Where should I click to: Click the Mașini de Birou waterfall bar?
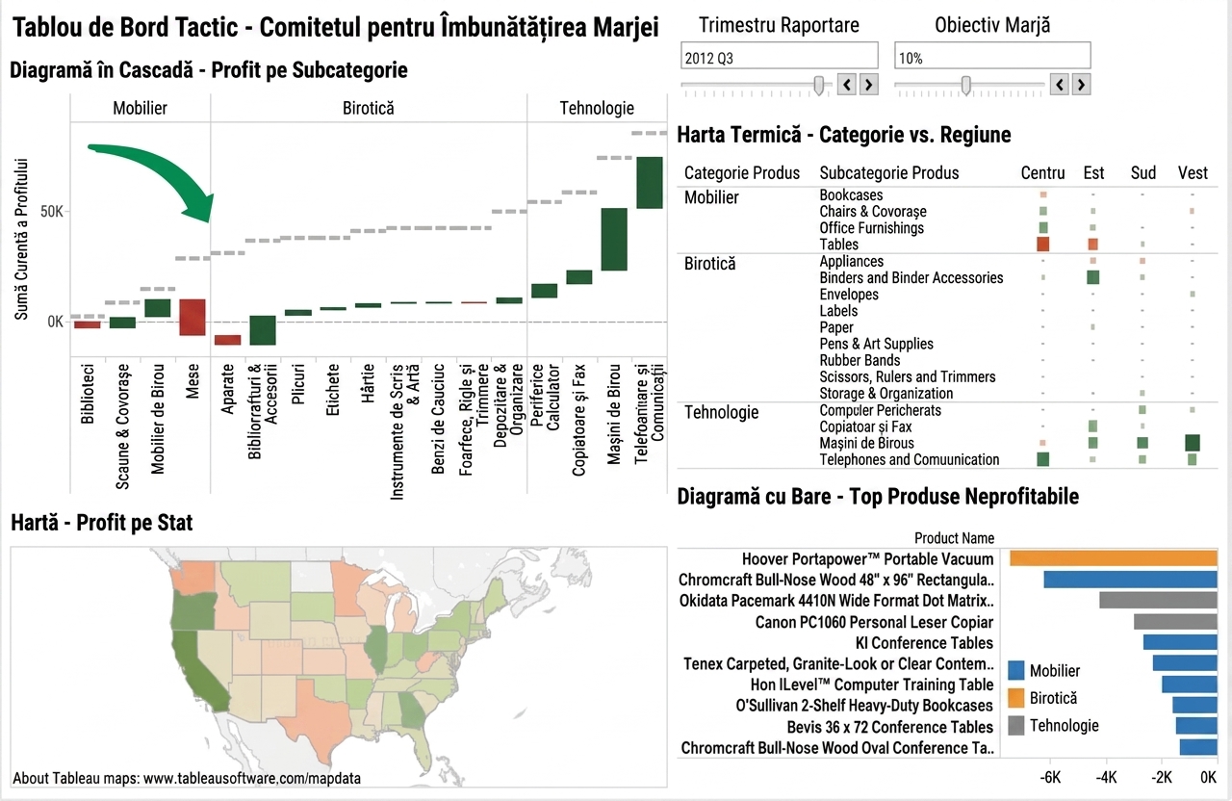(614, 240)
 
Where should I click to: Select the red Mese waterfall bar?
(192, 318)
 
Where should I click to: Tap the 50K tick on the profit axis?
(52, 212)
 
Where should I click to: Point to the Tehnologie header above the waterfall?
(597, 108)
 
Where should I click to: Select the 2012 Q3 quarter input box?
(779, 56)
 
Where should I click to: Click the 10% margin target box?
(992, 56)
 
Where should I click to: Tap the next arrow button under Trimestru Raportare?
(869, 85)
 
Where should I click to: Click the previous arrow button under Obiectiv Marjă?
(1060, 85)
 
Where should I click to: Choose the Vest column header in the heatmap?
(1193, 173)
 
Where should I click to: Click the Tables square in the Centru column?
(1042, 244)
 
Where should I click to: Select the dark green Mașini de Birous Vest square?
(1193, 443)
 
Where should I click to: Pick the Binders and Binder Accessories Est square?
(1092, 277)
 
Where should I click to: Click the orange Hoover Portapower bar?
(1114, 558)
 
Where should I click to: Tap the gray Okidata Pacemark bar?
(1158, 600)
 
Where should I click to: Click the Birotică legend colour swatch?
(1015, 698)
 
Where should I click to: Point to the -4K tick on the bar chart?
(1106, 777)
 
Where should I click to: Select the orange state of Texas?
(317, 715)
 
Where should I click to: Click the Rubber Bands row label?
(860, 360)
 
